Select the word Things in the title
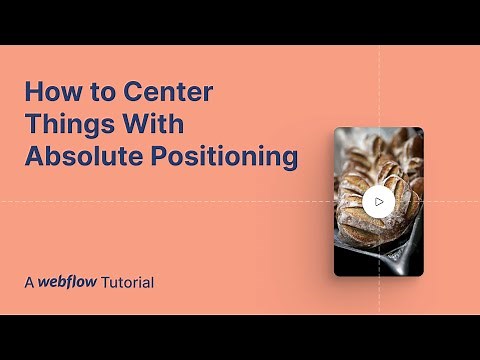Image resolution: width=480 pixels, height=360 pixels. [67, 126]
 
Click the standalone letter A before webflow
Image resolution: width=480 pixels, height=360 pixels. [30, 283]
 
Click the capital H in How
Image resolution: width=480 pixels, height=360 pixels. [33, 95]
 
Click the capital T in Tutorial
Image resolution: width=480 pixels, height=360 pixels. [103, 283]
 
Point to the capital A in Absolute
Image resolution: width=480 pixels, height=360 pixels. [34, 157]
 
